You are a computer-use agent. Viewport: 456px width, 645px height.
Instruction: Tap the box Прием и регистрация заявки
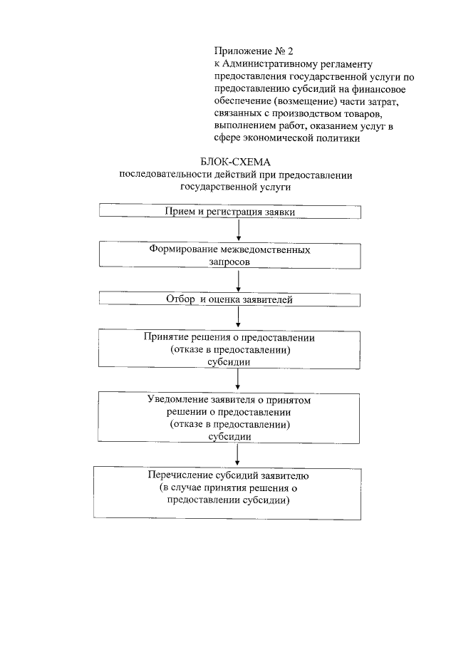tap(230, 212)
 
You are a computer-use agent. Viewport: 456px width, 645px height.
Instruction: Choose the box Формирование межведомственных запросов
tap(230, 256)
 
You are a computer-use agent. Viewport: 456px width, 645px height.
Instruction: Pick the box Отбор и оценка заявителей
tap(230, 299)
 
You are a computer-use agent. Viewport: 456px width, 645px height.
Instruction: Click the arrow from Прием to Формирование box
tap(238, 230)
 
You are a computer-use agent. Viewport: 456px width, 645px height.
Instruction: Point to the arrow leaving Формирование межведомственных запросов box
tap(238, 281)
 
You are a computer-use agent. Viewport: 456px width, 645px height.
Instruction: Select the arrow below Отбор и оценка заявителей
tap(238, 317)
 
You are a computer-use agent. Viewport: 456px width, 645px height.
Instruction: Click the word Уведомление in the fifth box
tap(175, 400)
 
